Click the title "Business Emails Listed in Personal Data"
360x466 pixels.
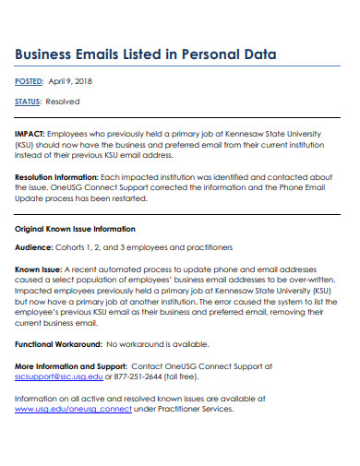click(x=146, y=54)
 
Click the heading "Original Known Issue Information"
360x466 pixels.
click(x=76, y=228)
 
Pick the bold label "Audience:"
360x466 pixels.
click(x=34, y=247)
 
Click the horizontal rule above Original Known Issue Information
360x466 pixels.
click(x=180, y=213)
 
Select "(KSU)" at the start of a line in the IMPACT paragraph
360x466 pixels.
click(x=27, y=144)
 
